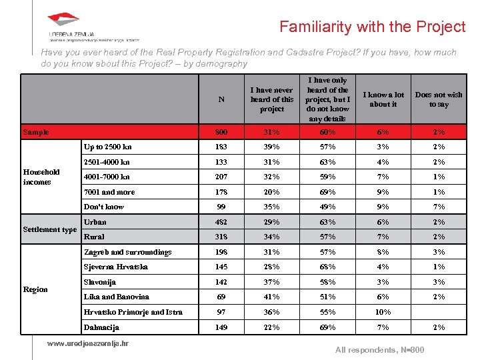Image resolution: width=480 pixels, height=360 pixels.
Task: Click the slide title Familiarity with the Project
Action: [372, 27]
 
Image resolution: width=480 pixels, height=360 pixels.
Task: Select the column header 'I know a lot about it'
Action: [383, 99]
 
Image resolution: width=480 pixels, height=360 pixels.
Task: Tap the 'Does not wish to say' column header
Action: [439, 99]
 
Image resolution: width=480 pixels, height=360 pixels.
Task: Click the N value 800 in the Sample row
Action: [221, 132]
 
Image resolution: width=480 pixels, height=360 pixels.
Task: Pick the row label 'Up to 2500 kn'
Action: [107, 147]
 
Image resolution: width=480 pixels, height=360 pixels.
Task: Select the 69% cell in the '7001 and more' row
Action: [327, 192]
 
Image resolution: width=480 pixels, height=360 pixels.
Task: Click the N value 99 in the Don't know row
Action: [221, 207]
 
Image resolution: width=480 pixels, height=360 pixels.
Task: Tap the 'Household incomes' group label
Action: [41, 177]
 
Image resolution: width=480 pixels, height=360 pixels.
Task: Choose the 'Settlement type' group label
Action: [50, 229]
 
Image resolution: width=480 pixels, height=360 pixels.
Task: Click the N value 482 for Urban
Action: [221, 222]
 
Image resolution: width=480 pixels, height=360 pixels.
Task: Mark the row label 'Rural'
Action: [94, 237]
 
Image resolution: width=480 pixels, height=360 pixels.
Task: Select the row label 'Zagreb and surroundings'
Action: [127, 252]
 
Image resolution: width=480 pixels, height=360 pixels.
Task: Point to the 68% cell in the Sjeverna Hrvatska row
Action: [327, 267]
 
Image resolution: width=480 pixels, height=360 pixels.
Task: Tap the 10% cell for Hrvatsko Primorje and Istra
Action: [383, 312]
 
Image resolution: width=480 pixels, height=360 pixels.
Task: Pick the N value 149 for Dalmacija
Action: [221, 327]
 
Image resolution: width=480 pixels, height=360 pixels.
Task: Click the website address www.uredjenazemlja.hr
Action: [88, 343]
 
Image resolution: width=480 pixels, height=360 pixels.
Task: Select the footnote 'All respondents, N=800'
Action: [379, 350]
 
